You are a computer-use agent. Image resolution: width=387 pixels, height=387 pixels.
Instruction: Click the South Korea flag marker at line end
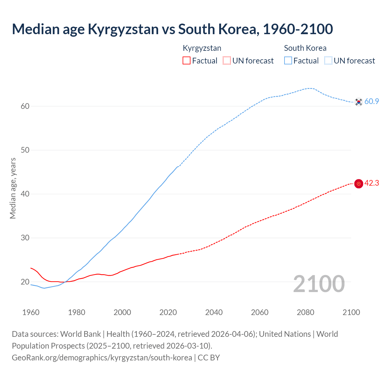359,102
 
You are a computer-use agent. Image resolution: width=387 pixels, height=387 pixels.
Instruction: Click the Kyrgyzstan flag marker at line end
359,184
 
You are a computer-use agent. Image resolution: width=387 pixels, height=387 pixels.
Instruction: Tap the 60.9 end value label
372,102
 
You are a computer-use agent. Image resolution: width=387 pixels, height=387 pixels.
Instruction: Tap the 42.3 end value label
372,183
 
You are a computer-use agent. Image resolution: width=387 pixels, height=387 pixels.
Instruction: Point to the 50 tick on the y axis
25,150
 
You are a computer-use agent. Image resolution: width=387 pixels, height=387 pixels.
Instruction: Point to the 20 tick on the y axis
25,282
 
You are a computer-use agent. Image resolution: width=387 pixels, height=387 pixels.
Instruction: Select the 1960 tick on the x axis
31,312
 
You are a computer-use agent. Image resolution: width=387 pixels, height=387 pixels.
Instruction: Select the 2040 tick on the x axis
214,312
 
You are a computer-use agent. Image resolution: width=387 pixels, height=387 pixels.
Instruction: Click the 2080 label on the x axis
305,312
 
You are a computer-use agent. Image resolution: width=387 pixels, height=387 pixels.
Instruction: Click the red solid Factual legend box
187,61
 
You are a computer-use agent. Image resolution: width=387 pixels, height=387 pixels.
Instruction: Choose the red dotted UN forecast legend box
227,61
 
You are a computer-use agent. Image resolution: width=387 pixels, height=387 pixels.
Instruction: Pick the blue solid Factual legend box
288,61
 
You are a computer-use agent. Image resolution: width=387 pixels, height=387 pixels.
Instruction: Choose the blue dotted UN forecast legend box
328,61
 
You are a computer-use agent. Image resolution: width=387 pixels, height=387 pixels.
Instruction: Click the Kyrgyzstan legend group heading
202,48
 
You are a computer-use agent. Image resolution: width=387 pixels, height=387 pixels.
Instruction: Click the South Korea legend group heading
305,48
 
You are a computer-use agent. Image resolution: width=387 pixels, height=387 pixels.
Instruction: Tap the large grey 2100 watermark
319,284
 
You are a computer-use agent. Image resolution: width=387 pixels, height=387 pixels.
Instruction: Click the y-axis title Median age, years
13,188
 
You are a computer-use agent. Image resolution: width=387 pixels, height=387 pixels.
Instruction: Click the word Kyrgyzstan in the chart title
123,29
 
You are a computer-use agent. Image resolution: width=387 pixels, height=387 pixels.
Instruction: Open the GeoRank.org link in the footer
102,358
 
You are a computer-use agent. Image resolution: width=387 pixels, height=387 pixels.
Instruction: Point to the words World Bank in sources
80,334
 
